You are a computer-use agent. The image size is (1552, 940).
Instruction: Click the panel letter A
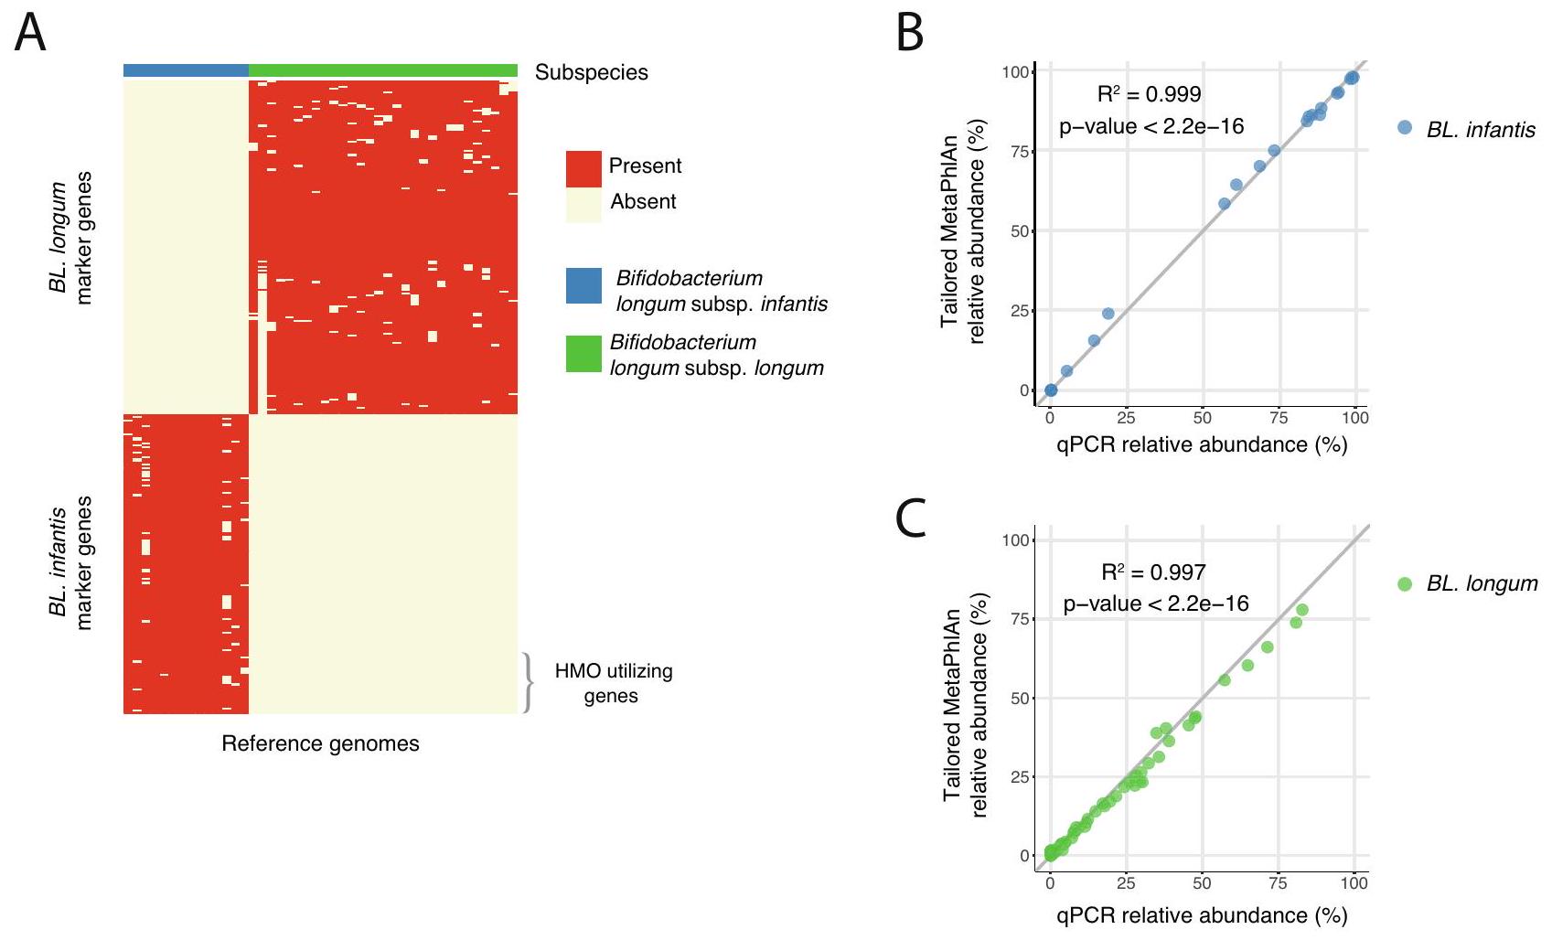[x=30, y=34]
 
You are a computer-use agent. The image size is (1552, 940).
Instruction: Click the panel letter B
[x=909, y=34]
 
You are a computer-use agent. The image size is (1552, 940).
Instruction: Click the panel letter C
[x=912, y=518]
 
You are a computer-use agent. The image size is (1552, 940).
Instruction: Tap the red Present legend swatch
[x=583, y=168]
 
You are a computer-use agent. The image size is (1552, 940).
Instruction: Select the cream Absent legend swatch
[x=583, y=204]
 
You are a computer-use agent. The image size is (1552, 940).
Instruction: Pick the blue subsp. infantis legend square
[x=583, y=285]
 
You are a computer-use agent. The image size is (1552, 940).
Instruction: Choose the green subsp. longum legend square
[x=583, y=354]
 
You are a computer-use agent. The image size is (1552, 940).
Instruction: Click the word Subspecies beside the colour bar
[x=591, y=72]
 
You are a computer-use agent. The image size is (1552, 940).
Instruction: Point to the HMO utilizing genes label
[x=613, y=683]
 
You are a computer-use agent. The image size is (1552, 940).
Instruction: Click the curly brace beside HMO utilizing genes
[x=527, y=682]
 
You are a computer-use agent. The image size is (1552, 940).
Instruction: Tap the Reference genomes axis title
[x=320, y=743]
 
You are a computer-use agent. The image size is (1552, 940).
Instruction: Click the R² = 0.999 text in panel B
[x=1149, y=94]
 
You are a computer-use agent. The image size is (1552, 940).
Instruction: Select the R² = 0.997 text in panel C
[x=1153, y=572]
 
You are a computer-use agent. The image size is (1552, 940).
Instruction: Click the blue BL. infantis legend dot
[x=1405, y=128]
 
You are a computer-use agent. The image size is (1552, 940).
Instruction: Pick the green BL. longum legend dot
[x=1405, y=583]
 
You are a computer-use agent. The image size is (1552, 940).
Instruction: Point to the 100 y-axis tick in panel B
[x=1015, y=72]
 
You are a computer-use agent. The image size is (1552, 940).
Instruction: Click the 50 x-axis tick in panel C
[x=1201, y=883]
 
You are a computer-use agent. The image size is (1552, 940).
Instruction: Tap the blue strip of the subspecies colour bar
[x=186, y=70]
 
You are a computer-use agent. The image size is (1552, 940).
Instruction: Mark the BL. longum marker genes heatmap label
[x=70, y=238]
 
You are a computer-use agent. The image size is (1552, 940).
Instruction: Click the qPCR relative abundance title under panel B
[x=1201, y=444]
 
